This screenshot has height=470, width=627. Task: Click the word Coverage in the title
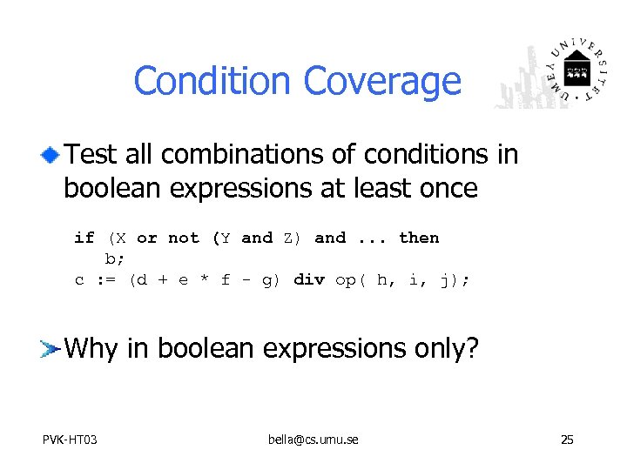pos(381,81)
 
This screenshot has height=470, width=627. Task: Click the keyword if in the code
pos(84,238)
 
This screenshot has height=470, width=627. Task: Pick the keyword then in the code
pos(418,238)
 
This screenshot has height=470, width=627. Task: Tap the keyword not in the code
pos(183,238)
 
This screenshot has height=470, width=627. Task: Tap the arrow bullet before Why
pos(50,350)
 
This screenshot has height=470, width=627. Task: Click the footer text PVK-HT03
pos(70,440)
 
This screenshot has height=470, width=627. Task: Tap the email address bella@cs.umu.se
pos(313,440)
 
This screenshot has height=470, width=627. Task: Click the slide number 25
pos(567,440)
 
